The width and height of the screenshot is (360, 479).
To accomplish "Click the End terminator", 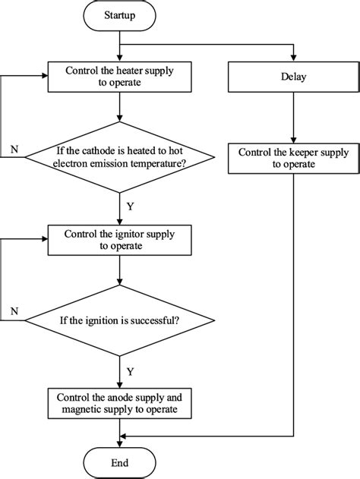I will [119, 462].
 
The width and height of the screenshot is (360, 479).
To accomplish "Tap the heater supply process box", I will [119, 77].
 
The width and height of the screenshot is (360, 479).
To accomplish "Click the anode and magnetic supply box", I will [119, 402].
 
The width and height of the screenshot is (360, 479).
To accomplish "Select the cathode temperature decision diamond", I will [119, 157].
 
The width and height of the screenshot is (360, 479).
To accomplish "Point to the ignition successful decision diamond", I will [119, 320].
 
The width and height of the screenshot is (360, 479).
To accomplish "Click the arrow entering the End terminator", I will [119, 439].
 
